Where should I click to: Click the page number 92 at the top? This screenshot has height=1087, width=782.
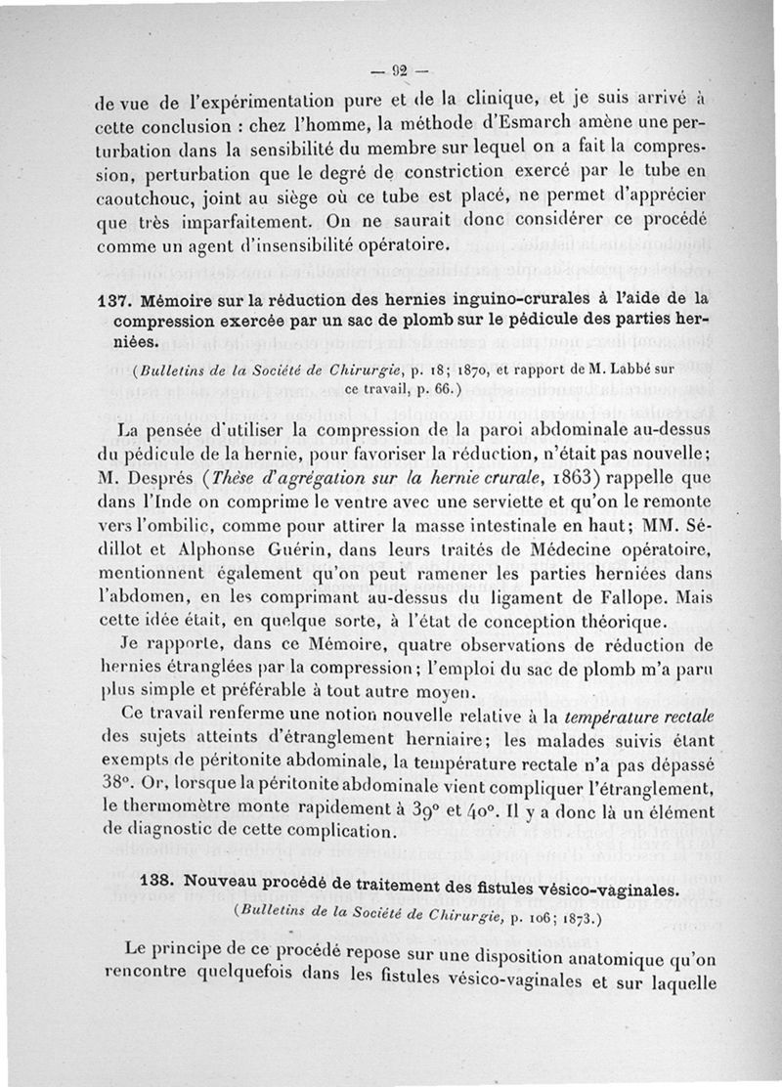pyautogui.click(x=399, y=69)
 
